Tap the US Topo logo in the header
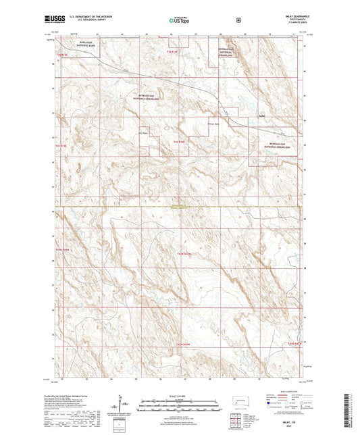point(178,20)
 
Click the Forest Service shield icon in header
point(238,20)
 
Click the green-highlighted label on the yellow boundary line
point(178,206)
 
